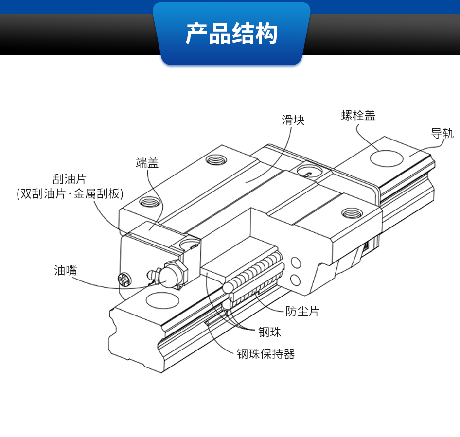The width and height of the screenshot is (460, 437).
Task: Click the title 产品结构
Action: click(x=231, y=33)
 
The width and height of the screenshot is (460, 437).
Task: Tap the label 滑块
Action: click(x=293, y=120)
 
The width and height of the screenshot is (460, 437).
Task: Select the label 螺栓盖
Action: click(x=358, y=115)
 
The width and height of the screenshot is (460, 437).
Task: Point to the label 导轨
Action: click(x=442, y=133)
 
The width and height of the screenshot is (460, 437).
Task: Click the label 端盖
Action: click(x=147, y=163)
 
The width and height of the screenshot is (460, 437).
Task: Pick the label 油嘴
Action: click(x=66, y=270)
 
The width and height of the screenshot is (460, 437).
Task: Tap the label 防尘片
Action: click(x=302, y=311)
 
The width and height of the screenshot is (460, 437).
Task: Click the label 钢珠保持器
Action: click(x=266, y=354)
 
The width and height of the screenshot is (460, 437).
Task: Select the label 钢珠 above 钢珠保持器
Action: click(x=269, y=332)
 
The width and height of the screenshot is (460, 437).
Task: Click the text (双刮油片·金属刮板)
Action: click(x=70, y=193)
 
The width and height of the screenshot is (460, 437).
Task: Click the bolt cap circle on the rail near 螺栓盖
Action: click(x=387, y=158)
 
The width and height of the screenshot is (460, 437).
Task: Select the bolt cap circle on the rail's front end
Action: click(x=162, y=300)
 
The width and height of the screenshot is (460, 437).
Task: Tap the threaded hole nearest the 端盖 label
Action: click(x=150, y=202)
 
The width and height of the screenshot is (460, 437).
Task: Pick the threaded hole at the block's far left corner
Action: click(x=216, y=160)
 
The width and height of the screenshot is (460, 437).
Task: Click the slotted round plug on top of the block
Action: click(x=309, y=171)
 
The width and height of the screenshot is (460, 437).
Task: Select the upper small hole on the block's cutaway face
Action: click(x=296, y=263)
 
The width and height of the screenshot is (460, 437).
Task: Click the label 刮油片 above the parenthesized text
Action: click(x=70, y=179)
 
